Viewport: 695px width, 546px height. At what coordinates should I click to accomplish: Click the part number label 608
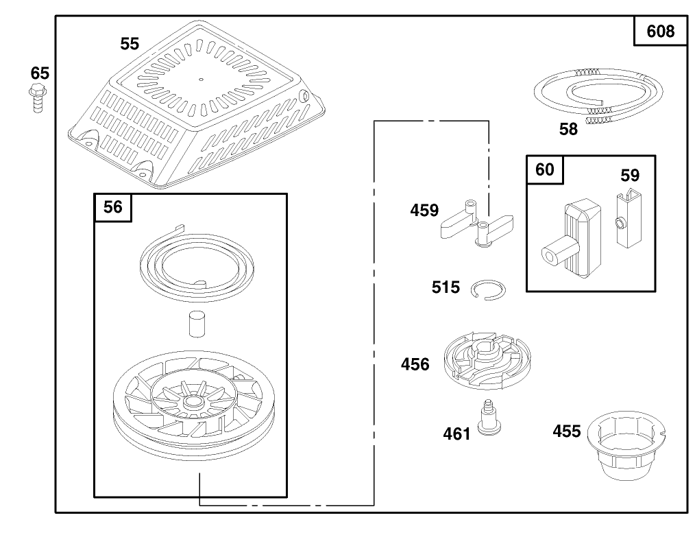tap(660, 31)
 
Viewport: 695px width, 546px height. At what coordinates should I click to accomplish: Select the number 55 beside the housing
tap(130, 44)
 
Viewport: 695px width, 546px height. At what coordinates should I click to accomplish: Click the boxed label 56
tap(113, 207)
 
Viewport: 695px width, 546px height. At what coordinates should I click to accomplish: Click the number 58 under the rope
tap(568, 129)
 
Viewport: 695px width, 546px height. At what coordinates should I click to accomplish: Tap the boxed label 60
tap(545, 169)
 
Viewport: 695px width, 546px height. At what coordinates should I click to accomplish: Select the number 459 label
tap(424, 210)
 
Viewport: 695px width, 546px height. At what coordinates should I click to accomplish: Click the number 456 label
tap(415, 364)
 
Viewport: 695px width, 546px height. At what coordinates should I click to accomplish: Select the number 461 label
tap(457, 434)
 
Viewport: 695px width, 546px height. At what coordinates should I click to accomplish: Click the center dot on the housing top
tap(201, 80)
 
